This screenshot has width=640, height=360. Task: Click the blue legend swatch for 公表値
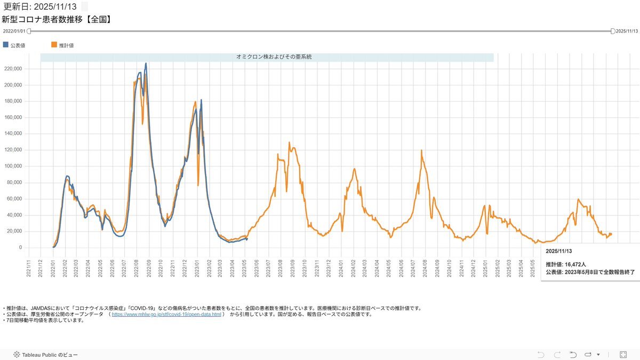[x=6, y=45]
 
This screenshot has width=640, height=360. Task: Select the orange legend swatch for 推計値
[x=54, y=45]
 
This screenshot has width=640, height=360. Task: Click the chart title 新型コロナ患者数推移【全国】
[x=56, y=20]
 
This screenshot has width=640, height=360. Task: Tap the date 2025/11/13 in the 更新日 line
[x=55, y=6]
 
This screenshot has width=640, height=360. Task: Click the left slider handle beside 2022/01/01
[x=29, y=31]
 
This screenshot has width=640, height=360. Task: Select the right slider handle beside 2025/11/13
[x=613, y=31]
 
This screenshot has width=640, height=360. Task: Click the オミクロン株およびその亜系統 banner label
[x=267, y=57]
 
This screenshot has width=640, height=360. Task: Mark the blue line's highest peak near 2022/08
[x=146, y=63]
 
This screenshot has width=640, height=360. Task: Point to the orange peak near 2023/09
[x=289, y=142]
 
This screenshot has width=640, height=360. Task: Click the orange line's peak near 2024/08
[x=421, y=150]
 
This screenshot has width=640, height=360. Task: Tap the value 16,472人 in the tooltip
[x=575, y=264]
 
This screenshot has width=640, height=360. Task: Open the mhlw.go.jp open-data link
[x=166, y=315]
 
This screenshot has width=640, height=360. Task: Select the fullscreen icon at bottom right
[x=623, y=355]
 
